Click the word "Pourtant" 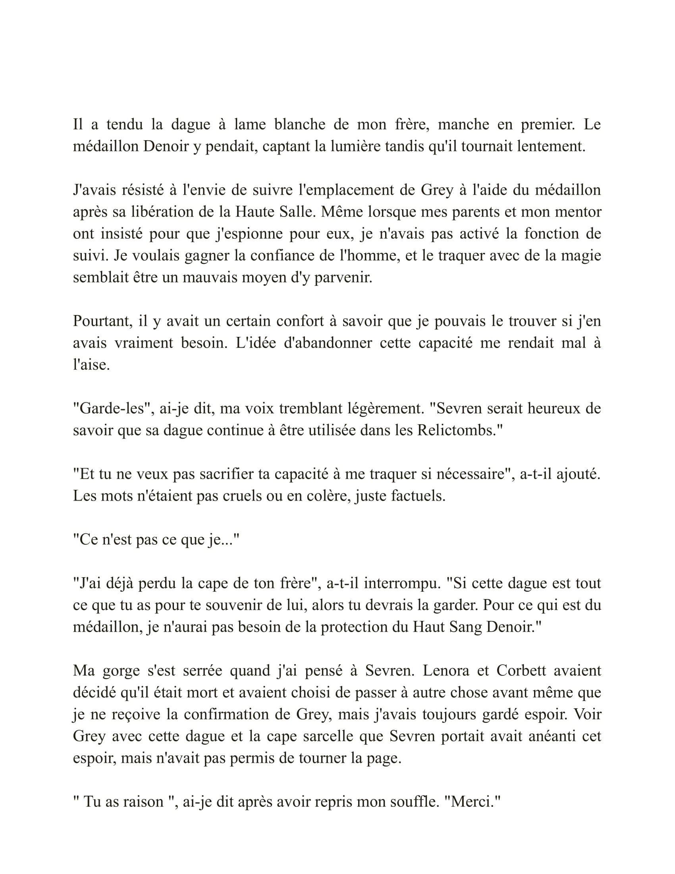click(x=102, y=321)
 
